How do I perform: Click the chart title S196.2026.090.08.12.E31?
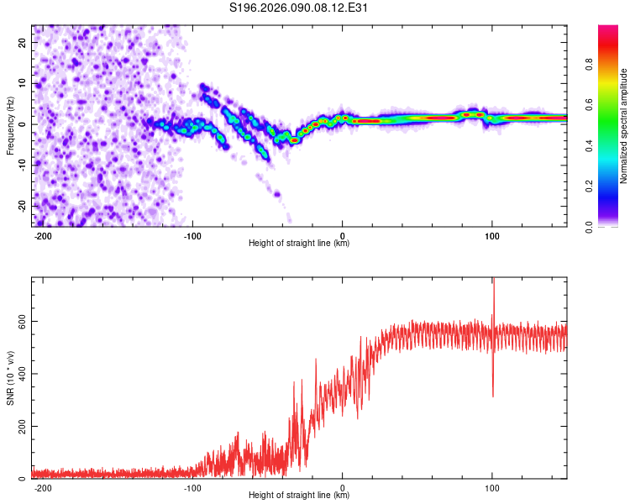(x=300, y=8)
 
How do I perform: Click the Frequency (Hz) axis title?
(x=11, y=125)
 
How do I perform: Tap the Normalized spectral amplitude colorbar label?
(x=624, y=126)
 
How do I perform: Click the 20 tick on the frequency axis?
(x=23, y=42)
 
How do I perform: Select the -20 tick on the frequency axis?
(x=21, y=206)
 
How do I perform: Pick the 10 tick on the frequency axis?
(x=23, y=83)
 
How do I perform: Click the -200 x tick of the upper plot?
(x=43, y=235)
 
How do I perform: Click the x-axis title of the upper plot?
(x=299, y=244)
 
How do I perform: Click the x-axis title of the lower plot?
(x=299, y=496)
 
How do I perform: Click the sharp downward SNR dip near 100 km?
(x=493, y=395)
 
